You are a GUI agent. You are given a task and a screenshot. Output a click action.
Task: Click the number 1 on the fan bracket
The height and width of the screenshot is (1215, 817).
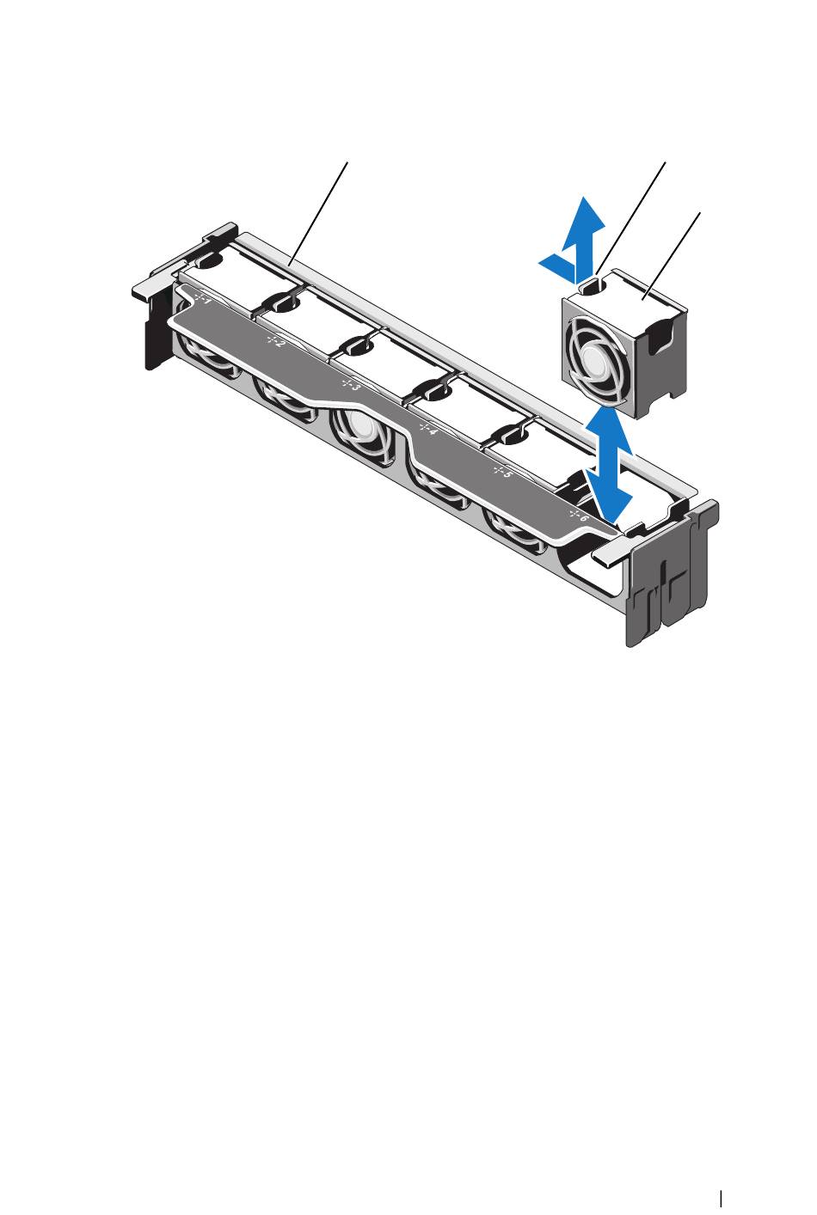(x=205, y=299)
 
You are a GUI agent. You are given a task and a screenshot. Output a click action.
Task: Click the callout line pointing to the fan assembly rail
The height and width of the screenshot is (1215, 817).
(x=319, y=213)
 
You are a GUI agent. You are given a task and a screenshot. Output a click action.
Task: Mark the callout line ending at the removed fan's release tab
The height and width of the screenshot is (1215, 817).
(x=630, y=218)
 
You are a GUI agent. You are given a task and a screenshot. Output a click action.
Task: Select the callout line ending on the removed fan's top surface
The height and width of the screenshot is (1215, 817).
(x=671, y=255)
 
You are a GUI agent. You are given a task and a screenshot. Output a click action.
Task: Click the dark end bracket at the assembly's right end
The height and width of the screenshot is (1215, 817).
(x=672, y=574)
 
